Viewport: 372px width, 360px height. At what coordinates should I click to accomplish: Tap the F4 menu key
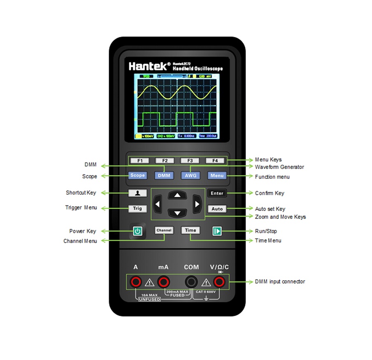tap(215, 161)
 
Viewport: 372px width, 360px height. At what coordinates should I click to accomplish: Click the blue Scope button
tap(137, 175)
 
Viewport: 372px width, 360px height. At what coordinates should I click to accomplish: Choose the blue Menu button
tap(217, 175)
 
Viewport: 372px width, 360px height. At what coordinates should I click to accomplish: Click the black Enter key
tap(217, 193)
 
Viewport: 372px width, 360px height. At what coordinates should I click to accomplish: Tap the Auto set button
tap(217, 209)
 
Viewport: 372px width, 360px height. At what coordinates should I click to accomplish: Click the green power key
tap(137, 231)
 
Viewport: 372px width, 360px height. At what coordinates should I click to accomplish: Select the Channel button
tap(164, 231)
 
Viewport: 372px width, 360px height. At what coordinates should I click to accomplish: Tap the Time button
tap(191, 231)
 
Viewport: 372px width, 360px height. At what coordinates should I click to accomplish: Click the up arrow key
tap(177, 195)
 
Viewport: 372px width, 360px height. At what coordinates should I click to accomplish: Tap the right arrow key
tap(197, 204)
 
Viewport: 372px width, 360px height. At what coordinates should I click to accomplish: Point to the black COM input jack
tap(191, 282)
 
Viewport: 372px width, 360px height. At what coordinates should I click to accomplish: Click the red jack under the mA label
tap(164, 282)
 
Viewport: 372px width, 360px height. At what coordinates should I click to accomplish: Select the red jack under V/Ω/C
tap(219, 282)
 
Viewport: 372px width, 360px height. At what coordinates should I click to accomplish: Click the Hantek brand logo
tap(149, 65)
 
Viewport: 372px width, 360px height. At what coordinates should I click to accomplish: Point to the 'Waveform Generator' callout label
tap(279, 167)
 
